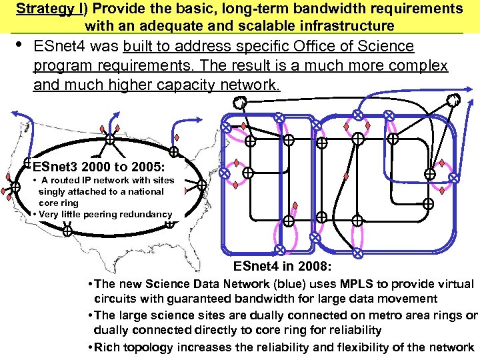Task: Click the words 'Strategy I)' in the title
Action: tap(47, 9)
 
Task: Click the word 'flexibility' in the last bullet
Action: tap(375, 347)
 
